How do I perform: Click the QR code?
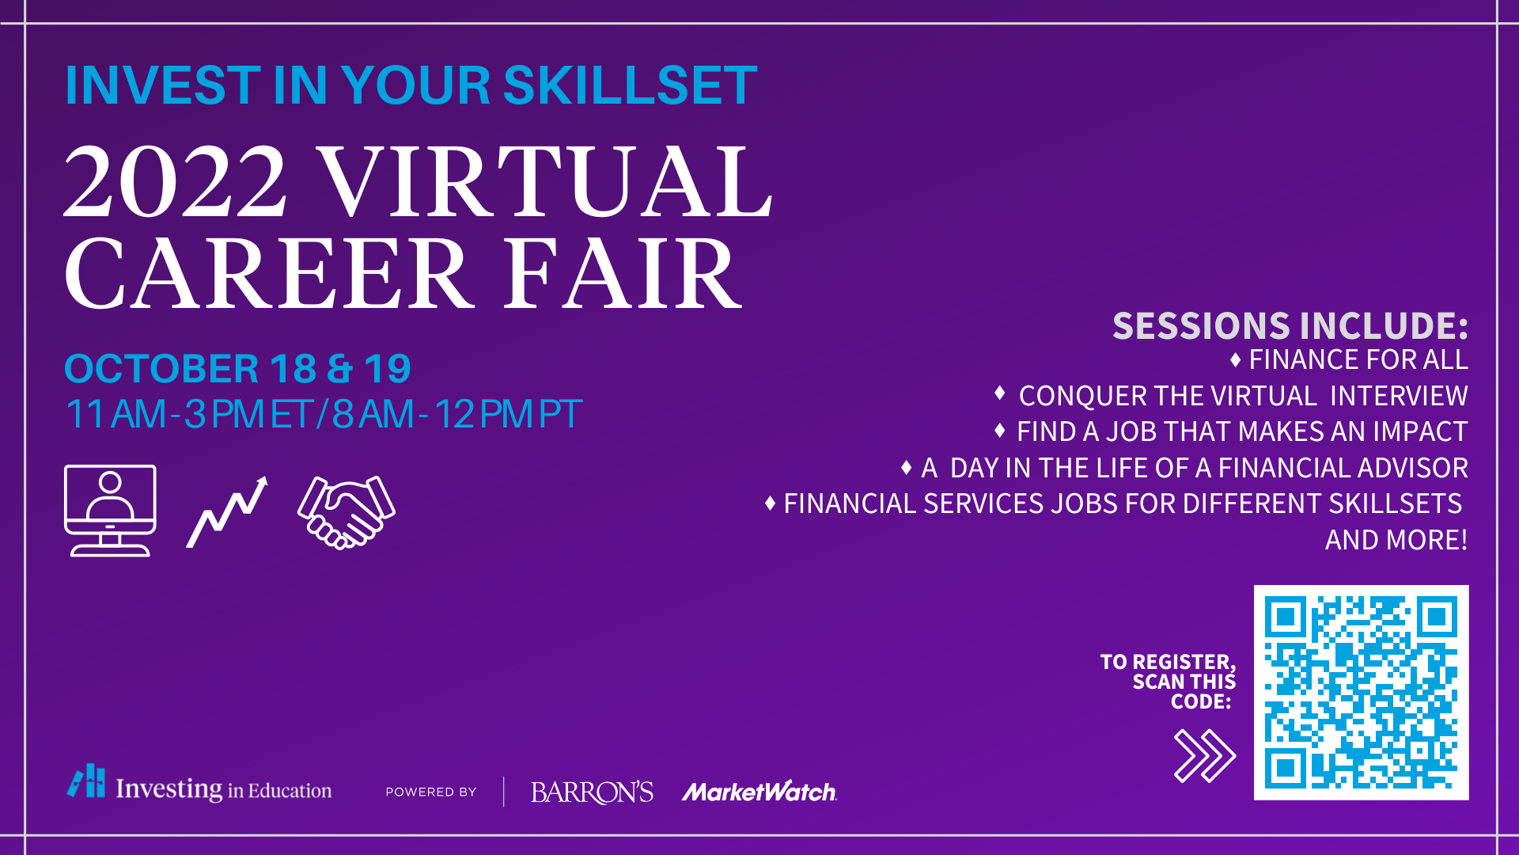[x=1361, y=693]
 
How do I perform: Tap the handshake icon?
[x=347, y=512]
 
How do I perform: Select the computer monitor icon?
[x=110, y=511]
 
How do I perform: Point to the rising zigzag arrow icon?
[x=227, y=511]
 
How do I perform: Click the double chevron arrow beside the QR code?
[x=1204, y=756]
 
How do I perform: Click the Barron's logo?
[x=592, y=792]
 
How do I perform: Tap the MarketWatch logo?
[x=759, y=792]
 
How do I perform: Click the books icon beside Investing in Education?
[x=86, y=781]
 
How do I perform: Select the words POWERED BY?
[x=431, y=792]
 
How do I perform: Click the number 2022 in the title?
[x=175, y=181]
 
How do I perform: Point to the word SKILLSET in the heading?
[x=630, y=85]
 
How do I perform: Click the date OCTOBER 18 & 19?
[x=237, y=369]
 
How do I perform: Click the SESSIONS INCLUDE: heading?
[x=1290, y=325]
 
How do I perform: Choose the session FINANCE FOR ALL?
[x=1358, y=359]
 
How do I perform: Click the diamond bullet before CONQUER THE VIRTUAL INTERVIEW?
[x=1000, y=393]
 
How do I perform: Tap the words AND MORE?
[x=1396, y=540]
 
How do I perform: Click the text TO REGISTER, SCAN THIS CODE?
[x=1168, y=682]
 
